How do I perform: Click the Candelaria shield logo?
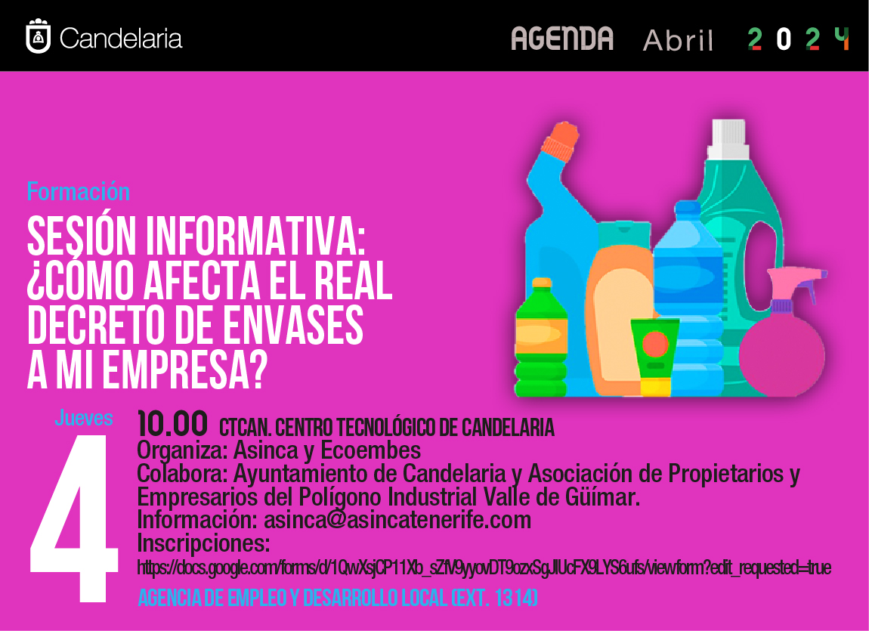[39, 36]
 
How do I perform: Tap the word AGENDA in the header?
[562, 39]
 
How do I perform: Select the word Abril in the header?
[678, 40]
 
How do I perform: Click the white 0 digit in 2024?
[783, 39]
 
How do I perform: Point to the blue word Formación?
[78, 192]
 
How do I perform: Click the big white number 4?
[74, 518]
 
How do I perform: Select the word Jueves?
[84, 418]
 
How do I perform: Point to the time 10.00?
[172, 424]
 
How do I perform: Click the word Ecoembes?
[370, 450]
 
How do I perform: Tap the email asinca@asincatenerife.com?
[397, 520]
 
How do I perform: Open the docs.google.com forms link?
[484, 568]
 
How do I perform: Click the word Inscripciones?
[203, 543]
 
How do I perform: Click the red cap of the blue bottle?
[560, 141]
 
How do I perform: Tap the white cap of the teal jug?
[728, 139]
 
